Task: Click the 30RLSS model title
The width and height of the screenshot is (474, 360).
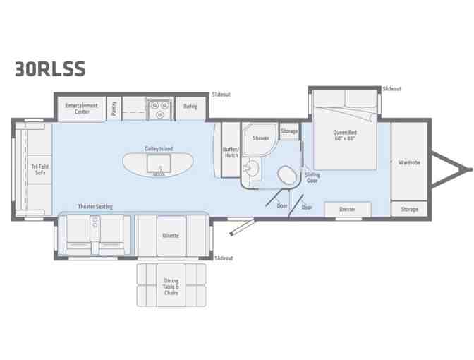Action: (50, 68)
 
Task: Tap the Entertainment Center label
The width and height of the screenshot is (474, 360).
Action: (82, 109)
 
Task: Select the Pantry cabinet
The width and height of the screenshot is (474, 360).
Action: (114, 109)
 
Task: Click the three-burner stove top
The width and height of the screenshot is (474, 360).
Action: (160, 109)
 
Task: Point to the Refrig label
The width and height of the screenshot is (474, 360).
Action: (190, 107)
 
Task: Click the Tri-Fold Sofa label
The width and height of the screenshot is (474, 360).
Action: (40, 169)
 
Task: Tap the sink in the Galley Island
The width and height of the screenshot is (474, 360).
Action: (159, 164)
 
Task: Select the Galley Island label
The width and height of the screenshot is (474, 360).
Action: (159, 148)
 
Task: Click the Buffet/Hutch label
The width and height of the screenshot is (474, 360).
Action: (231, 152)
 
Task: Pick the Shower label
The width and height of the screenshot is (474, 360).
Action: (260, 138)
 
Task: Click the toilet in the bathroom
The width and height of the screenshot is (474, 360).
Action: (288, 176)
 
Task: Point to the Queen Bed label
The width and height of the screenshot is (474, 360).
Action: (345, 136)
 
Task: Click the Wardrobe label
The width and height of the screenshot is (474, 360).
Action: (409, 162)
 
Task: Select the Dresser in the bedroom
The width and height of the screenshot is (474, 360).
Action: (348, 210)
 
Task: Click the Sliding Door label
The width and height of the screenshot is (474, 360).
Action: (312, 178)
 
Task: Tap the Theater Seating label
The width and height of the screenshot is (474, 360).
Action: (95, 207)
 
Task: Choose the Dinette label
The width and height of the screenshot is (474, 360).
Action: (171, 236)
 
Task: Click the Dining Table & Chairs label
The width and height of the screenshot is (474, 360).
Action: (171, 287)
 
